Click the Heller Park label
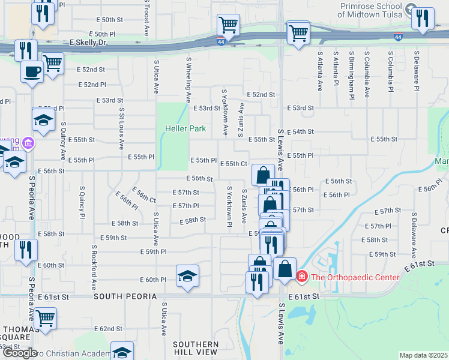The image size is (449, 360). (x=185, y=128)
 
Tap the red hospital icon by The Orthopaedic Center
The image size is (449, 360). (x=302, y=277)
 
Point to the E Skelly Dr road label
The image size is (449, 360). (x=88, y=43)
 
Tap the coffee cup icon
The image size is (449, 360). (x=32, y=72)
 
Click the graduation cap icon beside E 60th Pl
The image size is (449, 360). (x=188, y=275)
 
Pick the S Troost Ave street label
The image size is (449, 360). (x=146, y=18)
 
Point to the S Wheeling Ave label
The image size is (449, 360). (x=188, y=80)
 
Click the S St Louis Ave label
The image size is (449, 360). (x=122, y=128)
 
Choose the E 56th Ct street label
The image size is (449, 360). (x=145, y=196)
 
